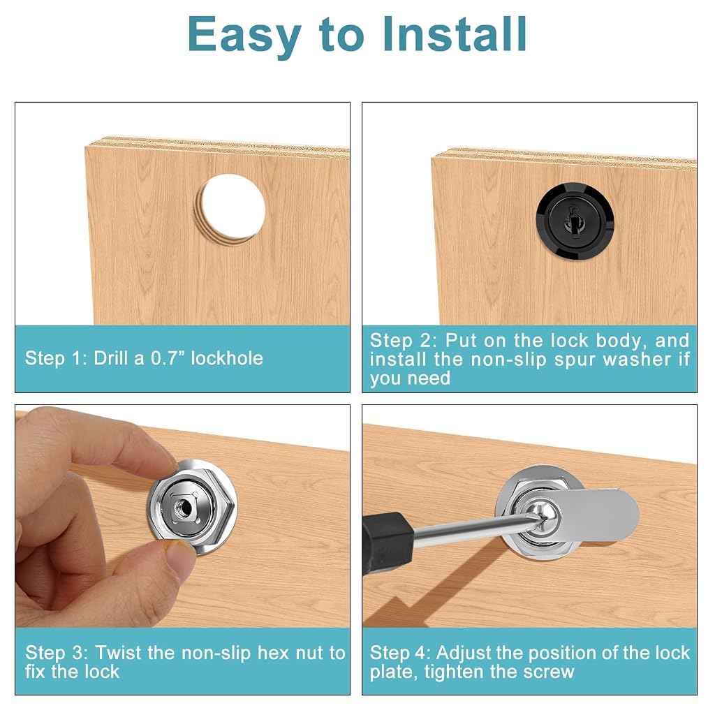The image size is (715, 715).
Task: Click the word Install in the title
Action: coord(454,35)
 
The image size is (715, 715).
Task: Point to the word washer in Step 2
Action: coord(637,360)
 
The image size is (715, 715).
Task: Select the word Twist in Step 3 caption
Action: coord(118,653)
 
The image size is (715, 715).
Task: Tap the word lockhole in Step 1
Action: coord(227,358)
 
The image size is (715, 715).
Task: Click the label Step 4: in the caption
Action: coord(400,654)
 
